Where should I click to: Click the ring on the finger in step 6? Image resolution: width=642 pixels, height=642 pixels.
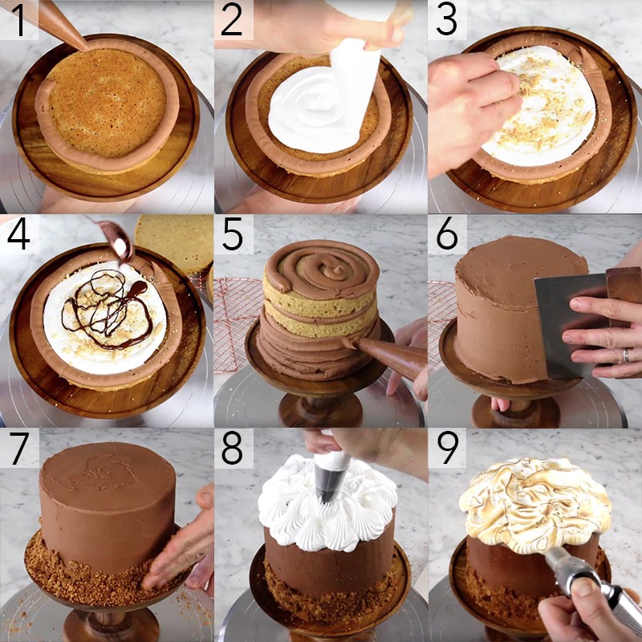pos(624,355)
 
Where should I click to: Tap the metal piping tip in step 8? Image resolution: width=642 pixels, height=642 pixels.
pos(330,481)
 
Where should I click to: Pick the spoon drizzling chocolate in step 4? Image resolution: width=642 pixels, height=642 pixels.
pos(116,241)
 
